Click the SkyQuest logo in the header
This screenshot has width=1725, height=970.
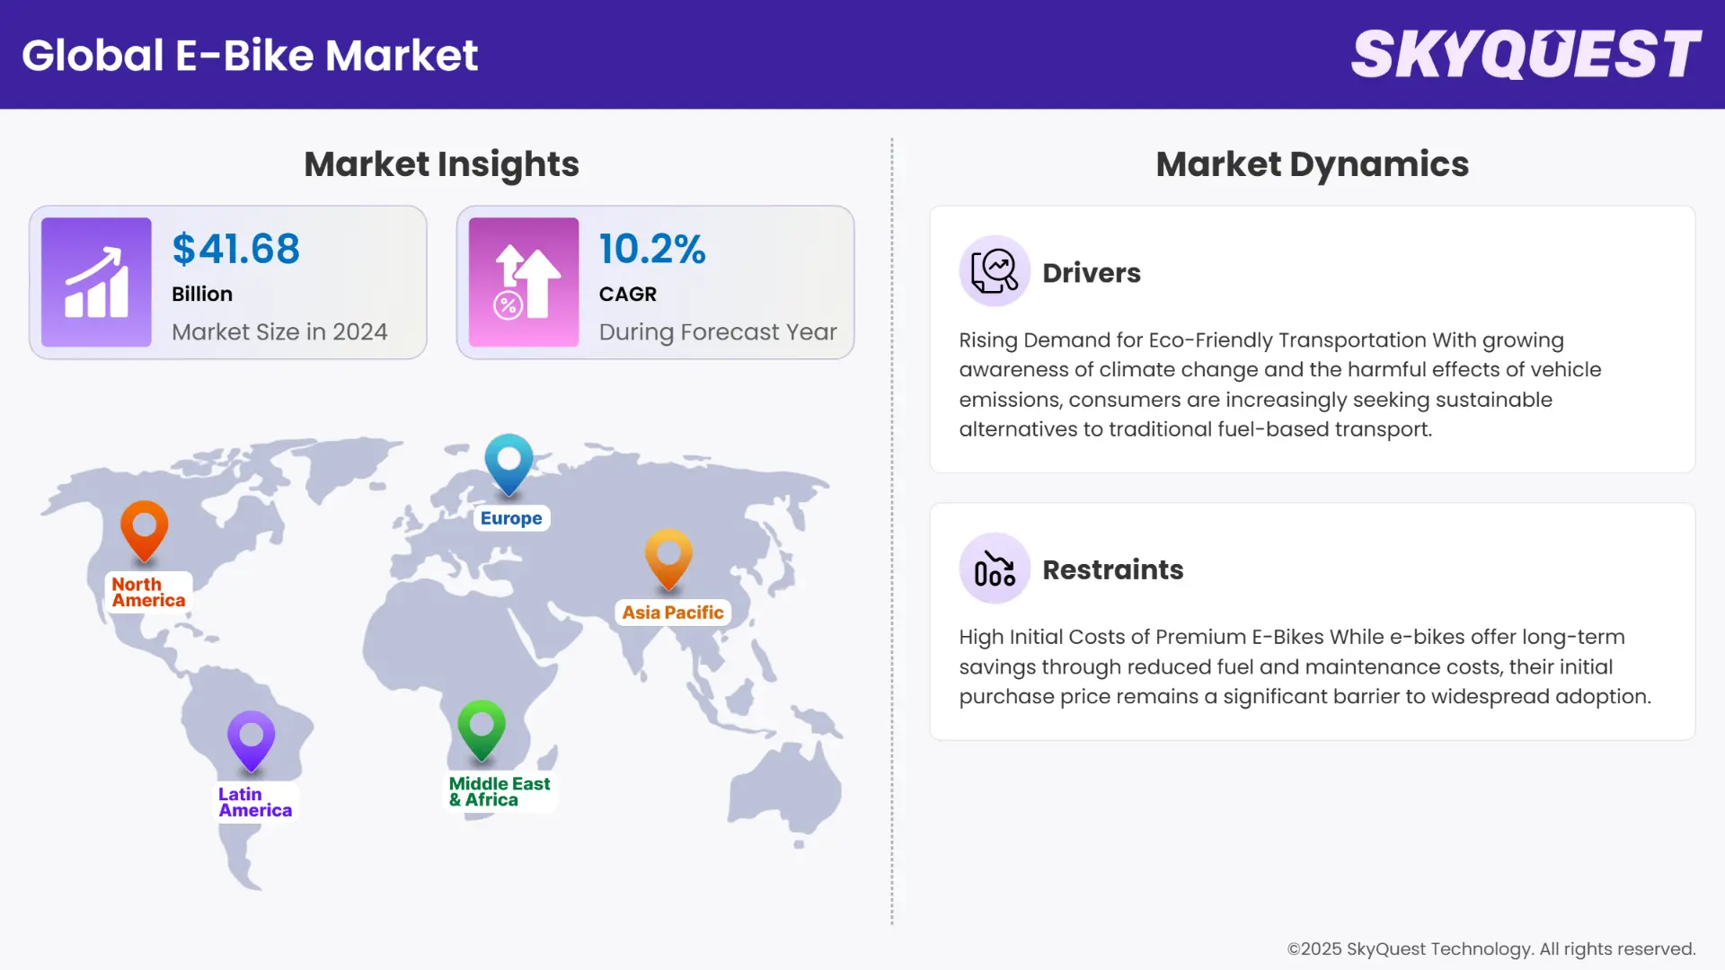(x=1526, y=54)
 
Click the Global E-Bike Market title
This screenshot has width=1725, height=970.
(x=250, y=56)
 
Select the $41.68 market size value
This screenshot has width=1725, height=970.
(x=235, y=249)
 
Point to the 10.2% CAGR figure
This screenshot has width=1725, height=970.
(x=652, y=249)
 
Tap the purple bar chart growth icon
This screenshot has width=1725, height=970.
(x=96, y=282)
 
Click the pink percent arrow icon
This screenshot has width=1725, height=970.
(x=524, y=282)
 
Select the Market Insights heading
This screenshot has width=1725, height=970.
(x=441, y=164)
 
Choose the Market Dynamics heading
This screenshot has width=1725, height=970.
(x=1312, y=164)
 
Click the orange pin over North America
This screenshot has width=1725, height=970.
(x=144, y=530)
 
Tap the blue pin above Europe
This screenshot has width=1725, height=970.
(x=509, y=463)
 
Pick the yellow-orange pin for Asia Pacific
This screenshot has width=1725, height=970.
(x=668, y=558)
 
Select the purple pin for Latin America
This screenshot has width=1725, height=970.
(x=251, y=740)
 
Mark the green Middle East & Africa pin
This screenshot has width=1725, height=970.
(x=482, y=728)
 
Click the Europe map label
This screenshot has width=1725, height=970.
(x=511, y=518)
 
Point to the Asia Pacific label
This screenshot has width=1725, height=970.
(x=672, y=613)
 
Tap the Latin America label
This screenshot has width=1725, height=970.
(x=255, y=802)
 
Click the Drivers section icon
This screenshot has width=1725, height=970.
(x=994, y=270)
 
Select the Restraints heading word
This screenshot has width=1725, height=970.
(x=1112, y=569)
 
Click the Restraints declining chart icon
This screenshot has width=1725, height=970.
(x=994, y=568)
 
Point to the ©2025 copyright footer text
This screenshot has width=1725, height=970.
(x=1491, y=948)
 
